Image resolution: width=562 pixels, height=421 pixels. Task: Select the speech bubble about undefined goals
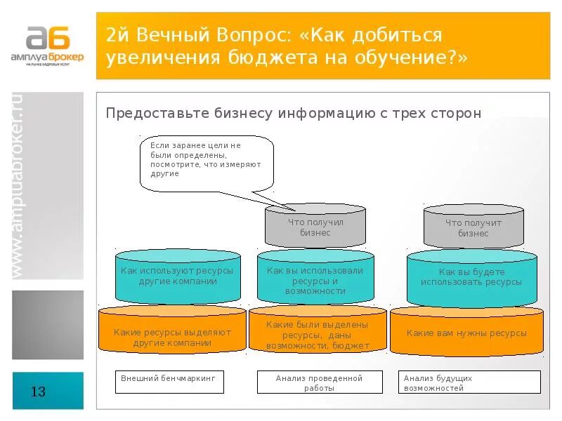pyautogui.click(x=206, y=163)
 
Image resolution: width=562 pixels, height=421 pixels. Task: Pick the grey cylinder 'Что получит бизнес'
pyautogui.click(x=473, y=227)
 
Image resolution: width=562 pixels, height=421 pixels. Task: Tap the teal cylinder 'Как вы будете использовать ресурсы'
pyautogui.click(x=471, y=277)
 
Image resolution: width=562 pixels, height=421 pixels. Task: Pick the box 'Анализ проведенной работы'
pyautogui.click(x=320, y=382)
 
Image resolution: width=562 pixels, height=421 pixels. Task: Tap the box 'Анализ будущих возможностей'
pyautogui.click(x=469, y=382)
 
